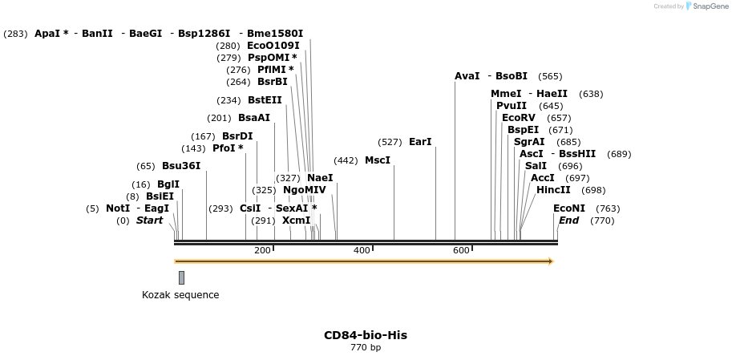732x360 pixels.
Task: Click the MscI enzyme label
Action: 378,160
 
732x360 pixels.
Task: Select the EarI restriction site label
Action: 420,142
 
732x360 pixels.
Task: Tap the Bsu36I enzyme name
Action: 181,166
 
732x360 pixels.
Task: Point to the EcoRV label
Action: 518,118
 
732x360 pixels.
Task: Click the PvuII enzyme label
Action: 512,106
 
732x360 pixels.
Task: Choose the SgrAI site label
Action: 529,142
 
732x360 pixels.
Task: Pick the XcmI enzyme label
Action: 296,220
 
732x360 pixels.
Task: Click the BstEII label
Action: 265,100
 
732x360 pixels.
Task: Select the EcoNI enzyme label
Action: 569,208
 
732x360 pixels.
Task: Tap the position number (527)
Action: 390,142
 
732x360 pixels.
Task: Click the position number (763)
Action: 608,208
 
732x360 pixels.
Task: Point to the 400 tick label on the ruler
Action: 362,251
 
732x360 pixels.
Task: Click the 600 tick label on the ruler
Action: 461,251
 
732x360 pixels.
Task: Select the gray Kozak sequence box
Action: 181,277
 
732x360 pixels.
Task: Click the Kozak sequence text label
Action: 180,295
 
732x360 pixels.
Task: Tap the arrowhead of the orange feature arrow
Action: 551,261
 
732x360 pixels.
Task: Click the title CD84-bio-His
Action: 366,335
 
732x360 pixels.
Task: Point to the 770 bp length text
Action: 366,348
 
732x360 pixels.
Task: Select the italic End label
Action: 568,220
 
